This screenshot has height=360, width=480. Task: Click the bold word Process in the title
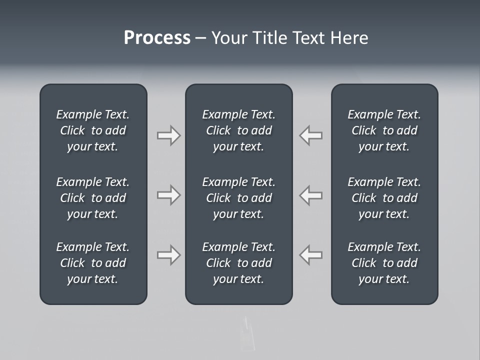(157, 38)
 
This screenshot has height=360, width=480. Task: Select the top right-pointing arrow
(168, 135)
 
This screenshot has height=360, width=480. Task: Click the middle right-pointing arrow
(168, 195)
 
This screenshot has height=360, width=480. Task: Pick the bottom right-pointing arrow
(168, 255)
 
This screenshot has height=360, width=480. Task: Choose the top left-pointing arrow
(311, 135)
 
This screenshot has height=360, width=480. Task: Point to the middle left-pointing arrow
(311, 195)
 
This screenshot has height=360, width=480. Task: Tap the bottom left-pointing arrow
(311, 255)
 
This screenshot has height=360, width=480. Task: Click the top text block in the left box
(93, 130)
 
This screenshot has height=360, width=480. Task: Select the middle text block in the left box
(93, 198)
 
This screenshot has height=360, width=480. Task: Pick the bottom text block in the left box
(93, 263)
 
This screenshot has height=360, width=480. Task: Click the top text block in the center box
(238, 130)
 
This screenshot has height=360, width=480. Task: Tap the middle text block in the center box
(238, 198)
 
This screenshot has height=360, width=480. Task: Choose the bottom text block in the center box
(238, 263)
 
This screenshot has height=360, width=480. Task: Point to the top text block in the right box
(384, 130)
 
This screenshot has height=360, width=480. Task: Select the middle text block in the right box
(384, 198)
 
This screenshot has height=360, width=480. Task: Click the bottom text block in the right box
(384, 263)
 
